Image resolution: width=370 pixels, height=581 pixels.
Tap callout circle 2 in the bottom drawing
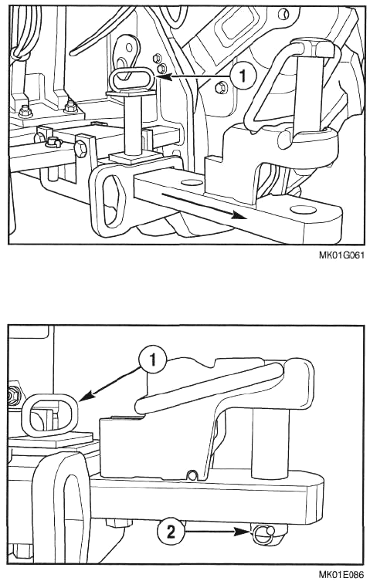tap(171, 532)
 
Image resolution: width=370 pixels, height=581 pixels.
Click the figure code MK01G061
tap(341, 255)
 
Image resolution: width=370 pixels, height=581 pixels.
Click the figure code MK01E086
tap(341, 575)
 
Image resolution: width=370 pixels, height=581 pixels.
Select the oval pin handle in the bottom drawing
tap(49, 414)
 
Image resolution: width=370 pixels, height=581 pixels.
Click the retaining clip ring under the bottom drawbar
tap(263, 532)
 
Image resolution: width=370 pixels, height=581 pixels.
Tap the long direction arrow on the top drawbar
tap(203, 206)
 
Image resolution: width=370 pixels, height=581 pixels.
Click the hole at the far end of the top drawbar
tap(304, 210)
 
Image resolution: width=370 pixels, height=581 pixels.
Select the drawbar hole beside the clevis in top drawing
tap(190, 182)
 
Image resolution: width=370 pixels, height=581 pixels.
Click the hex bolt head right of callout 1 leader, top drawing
tap(220, 87)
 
